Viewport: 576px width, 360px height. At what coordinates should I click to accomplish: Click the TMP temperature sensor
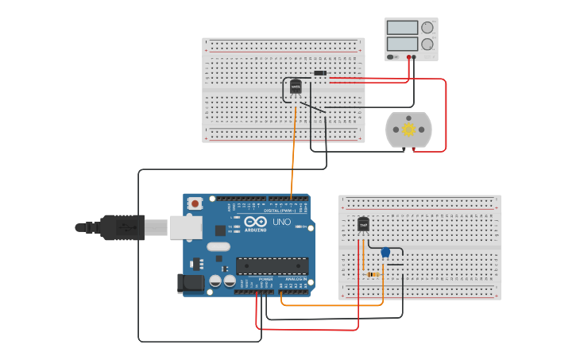coord(363,224)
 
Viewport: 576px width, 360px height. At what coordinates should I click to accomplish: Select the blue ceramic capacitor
coord(385,253)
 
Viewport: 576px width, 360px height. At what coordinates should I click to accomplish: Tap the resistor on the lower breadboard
coord(373,274)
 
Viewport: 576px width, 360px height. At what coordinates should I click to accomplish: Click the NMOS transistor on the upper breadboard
coord(296,86)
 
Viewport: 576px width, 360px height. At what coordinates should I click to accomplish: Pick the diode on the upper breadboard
coord(319,73)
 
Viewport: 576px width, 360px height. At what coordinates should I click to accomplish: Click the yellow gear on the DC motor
coord(408,130)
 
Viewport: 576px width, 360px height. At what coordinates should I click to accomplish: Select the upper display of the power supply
coord(402,28)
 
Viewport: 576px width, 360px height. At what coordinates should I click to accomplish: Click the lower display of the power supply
coord(402,44)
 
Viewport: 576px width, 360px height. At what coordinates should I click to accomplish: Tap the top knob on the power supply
coord(427,27)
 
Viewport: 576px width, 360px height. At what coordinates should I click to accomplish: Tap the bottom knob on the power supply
coord(427,45)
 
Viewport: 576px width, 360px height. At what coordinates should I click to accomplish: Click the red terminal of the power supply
coord(409,57)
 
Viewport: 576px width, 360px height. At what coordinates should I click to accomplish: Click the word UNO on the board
coord(281,222)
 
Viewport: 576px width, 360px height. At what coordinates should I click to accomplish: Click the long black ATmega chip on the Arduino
coord(272,265)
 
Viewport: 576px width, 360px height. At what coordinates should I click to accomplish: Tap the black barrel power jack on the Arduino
coord(191,282)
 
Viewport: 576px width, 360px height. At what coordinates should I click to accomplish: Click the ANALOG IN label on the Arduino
coord(295,279)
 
